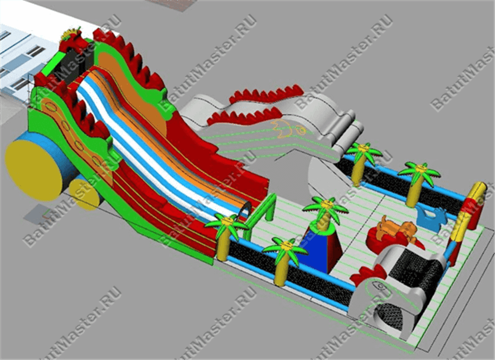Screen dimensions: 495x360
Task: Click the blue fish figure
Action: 431,218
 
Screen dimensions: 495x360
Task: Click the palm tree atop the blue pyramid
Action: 325,211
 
